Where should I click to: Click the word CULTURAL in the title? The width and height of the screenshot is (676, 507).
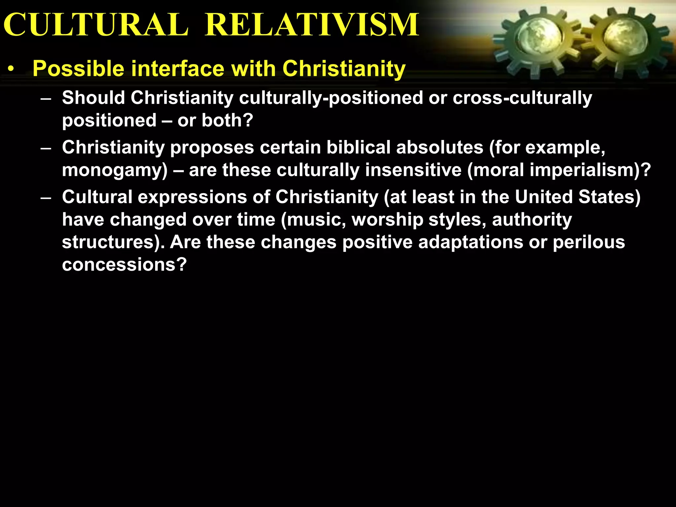tap(96, 25)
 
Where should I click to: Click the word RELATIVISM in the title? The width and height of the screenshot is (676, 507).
tap(312, 25)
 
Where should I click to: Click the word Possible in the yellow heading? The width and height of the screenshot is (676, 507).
tap(79, 69)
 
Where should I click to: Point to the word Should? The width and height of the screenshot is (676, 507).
tap(94, 98)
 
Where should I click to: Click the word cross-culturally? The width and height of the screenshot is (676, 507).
tap(522, 98)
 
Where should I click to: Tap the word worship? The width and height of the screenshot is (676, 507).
tap(387, 220)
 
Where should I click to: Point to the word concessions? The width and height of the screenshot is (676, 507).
tap(124, 265)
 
